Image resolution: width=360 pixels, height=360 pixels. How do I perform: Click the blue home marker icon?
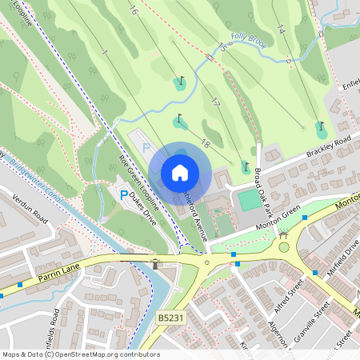[180, 173]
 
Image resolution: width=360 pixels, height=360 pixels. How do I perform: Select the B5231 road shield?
[169, 318]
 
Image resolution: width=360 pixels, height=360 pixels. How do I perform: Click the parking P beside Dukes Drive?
[123, 195]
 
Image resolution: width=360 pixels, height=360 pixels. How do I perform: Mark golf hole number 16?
[132, 12]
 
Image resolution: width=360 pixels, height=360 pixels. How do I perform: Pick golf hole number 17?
[215, 102]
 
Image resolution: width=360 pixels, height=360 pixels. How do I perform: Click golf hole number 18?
[206, 143]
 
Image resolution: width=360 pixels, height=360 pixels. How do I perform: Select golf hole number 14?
[280, 30]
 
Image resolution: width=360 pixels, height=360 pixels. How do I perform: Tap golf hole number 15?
[222, 47]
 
